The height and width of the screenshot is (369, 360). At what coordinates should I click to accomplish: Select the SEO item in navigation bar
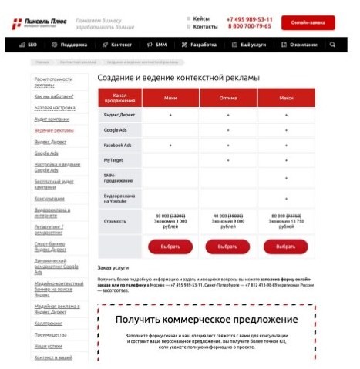pyautogui.click(x=29, y=45)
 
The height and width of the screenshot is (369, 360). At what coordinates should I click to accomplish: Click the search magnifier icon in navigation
pyautogui.click(x=332, y=45)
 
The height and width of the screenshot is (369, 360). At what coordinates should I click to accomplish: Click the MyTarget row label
pyautogui.click(x=115, y=160)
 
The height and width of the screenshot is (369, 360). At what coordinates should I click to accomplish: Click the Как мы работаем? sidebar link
pyautogui.click(x=54, y=96)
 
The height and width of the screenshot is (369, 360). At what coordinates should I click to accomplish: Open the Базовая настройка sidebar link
pyautogui.click(x=53, y=107)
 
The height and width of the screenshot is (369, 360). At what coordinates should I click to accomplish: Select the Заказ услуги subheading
pyautogui.click(x=113, y=267)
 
